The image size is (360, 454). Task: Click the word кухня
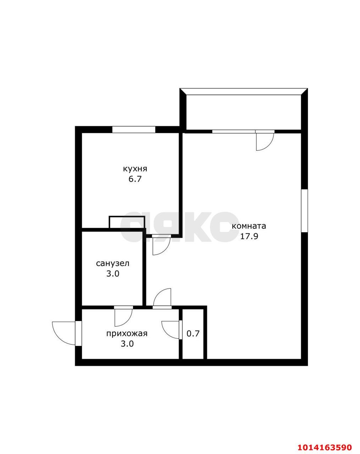[135, 169]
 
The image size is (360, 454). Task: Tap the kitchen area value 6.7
[135, 179]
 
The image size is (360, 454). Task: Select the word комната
[249, 226]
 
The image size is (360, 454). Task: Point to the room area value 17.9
[249, 236]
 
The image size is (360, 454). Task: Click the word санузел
[113, 264]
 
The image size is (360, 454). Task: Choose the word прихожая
[127, 334]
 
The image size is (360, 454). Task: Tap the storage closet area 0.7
[193, 334]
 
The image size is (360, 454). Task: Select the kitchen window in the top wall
[134, 129]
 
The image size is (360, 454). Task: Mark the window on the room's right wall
[305, 211]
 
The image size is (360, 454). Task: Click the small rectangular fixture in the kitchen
[127, 222]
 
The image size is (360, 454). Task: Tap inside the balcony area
[244, 112]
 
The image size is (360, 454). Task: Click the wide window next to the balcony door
[234, 132]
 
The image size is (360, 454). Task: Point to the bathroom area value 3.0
[113, 274]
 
